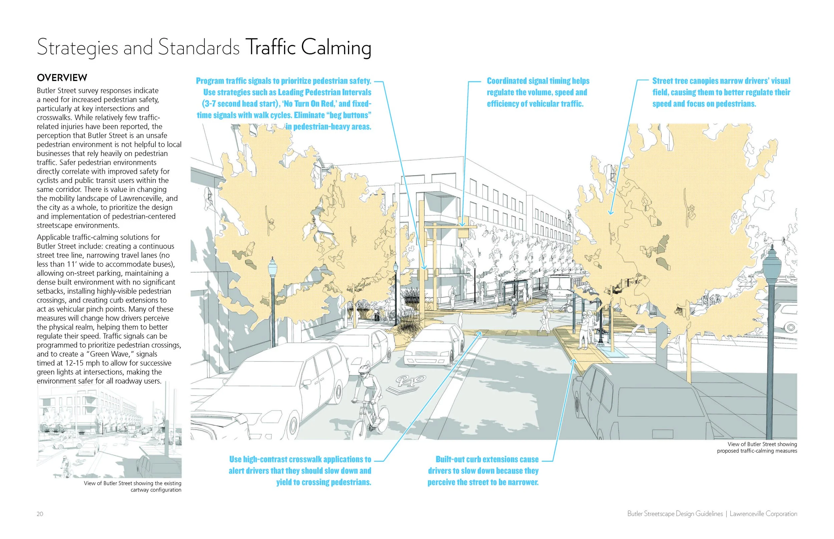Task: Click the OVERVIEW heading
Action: pyautogui.click(x=62, y=78)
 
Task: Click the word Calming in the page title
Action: pyautogui.click(x=336, y=48)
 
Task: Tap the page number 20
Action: pyautogui.click(x=40, y=514)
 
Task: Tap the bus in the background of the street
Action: pyautogui.click(x=562, y=287)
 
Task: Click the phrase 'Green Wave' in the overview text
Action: pyautogui.click(x=113, y=354)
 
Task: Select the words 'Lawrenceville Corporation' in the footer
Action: pyautogui.click(x=763, y=514)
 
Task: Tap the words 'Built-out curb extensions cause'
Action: pyautogui.click(x=487, y=459)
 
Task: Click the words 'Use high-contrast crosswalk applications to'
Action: pyautogui.click(x=300, y=459)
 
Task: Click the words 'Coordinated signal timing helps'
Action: pyautogui.click(x=538, y=81)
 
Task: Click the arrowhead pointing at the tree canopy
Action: pyautogui.click(x=611, y=212)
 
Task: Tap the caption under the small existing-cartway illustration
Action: pyautogui.click(x=132, y=486)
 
